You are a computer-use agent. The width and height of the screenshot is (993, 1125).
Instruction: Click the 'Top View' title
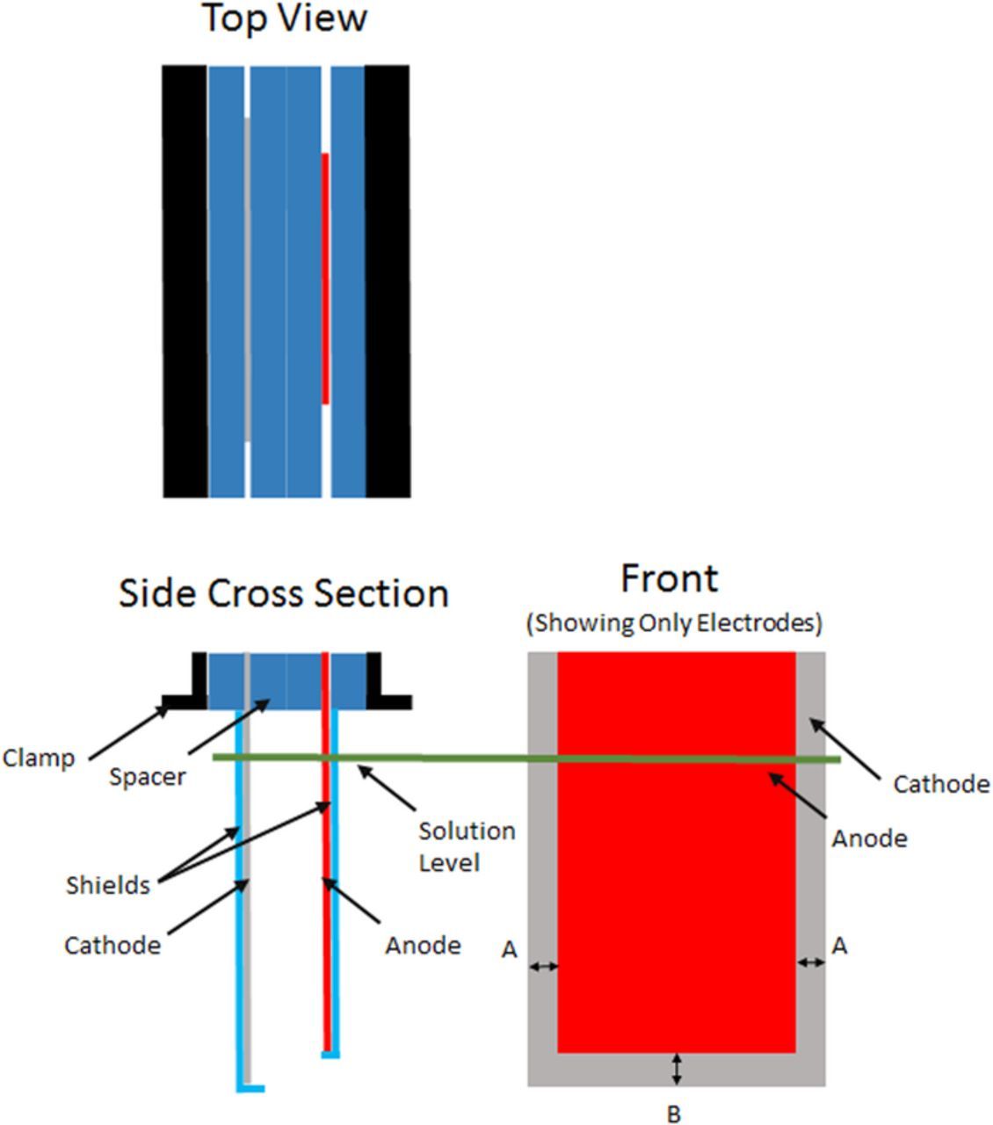point(285,18)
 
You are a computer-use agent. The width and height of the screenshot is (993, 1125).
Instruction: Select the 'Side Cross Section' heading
point(284,593)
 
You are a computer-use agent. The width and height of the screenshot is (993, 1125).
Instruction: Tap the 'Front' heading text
point(669,578)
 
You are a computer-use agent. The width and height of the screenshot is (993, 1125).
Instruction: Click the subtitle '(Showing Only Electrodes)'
point(674,623)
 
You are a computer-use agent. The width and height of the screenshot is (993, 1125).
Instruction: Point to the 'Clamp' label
point(39,758)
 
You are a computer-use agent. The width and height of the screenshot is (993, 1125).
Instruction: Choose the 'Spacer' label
point(147,777)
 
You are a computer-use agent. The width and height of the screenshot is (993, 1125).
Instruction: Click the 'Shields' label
point(108,885)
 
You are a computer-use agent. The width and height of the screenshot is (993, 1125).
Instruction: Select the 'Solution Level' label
point(466,846)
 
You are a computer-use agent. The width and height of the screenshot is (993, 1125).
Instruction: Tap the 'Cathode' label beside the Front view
point(941,784)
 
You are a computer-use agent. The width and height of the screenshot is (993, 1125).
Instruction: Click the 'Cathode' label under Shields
point(112,946)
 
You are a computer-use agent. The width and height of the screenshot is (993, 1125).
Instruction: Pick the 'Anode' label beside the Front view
point(869,838)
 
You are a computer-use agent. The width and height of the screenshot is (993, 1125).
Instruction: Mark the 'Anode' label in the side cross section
point(423,946)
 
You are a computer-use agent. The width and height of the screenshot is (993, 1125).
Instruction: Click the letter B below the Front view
point(673,1114)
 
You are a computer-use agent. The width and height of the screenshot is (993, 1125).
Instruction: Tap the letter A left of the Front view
point(509,950)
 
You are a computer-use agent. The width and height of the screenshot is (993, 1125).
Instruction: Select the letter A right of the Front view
point(839,946)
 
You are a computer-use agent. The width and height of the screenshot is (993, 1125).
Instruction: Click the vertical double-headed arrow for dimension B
point(676,1069)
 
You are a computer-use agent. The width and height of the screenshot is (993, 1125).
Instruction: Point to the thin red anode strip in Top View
point(325,279)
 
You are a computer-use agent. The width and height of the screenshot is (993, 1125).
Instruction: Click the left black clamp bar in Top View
point(185,281)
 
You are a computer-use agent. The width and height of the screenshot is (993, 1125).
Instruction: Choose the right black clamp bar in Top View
point(388,281)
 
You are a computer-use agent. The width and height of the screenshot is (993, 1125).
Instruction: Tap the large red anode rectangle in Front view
point(677,879)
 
